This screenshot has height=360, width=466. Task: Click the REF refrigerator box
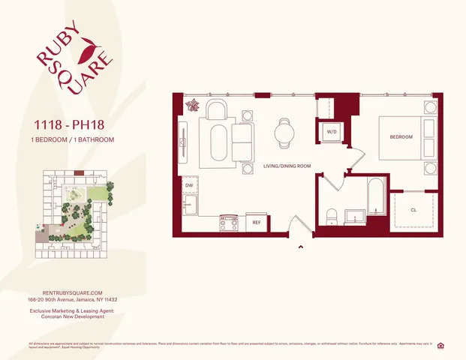256,222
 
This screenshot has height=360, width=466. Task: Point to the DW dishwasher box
189,186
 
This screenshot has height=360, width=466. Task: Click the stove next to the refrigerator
228,222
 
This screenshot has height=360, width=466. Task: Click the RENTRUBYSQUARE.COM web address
73,292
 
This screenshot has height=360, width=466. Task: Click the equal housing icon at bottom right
451,345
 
